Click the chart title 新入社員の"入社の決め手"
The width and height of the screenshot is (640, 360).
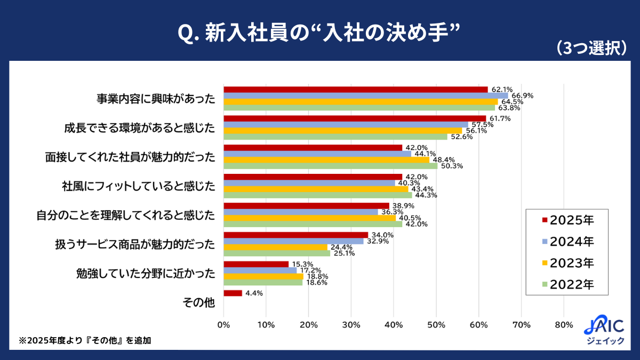(x=318, y=33)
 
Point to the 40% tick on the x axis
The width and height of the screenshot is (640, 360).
(x=394, y=324)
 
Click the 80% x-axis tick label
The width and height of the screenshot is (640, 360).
(x=564, y=324)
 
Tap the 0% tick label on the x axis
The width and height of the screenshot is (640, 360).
(x=224, y=324)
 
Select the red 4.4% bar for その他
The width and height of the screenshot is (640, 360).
(x=233, y=293)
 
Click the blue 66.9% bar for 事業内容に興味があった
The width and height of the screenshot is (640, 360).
(x=366, y=95)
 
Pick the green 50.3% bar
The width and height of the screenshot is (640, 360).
(x=331, y=166)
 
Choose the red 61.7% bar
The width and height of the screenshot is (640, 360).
(x=355, y=118)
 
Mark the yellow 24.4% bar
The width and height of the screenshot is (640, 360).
(x=276, y=247)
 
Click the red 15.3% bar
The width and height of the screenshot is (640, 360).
(x=256, y=264)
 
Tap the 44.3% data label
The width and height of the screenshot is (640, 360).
(x=425, y=195)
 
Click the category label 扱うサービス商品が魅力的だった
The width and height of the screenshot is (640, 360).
(x=135, y=244)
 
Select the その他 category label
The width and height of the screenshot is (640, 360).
(x=198, y=302)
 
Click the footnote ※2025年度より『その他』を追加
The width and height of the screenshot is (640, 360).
(x=85, y=340)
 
